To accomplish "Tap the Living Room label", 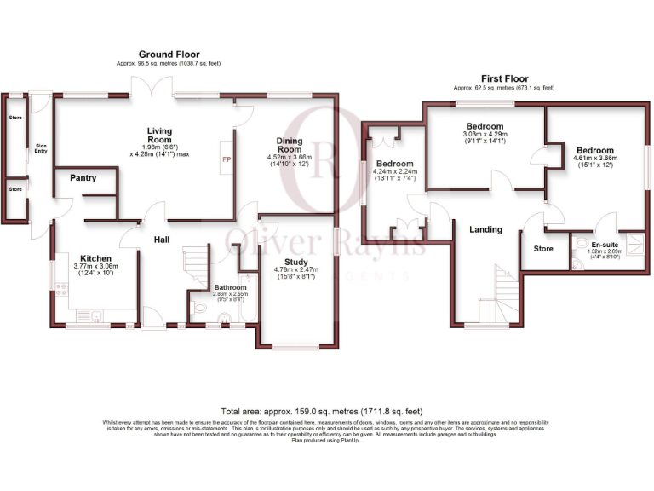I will (159, 135).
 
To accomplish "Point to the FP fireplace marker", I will (227, 159).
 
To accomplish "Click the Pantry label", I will (83, 178).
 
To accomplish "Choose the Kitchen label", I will (96, 257).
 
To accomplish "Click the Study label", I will (295, 263).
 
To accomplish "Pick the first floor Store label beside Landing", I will (543, 249).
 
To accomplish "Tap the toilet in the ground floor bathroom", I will (198, 308).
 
